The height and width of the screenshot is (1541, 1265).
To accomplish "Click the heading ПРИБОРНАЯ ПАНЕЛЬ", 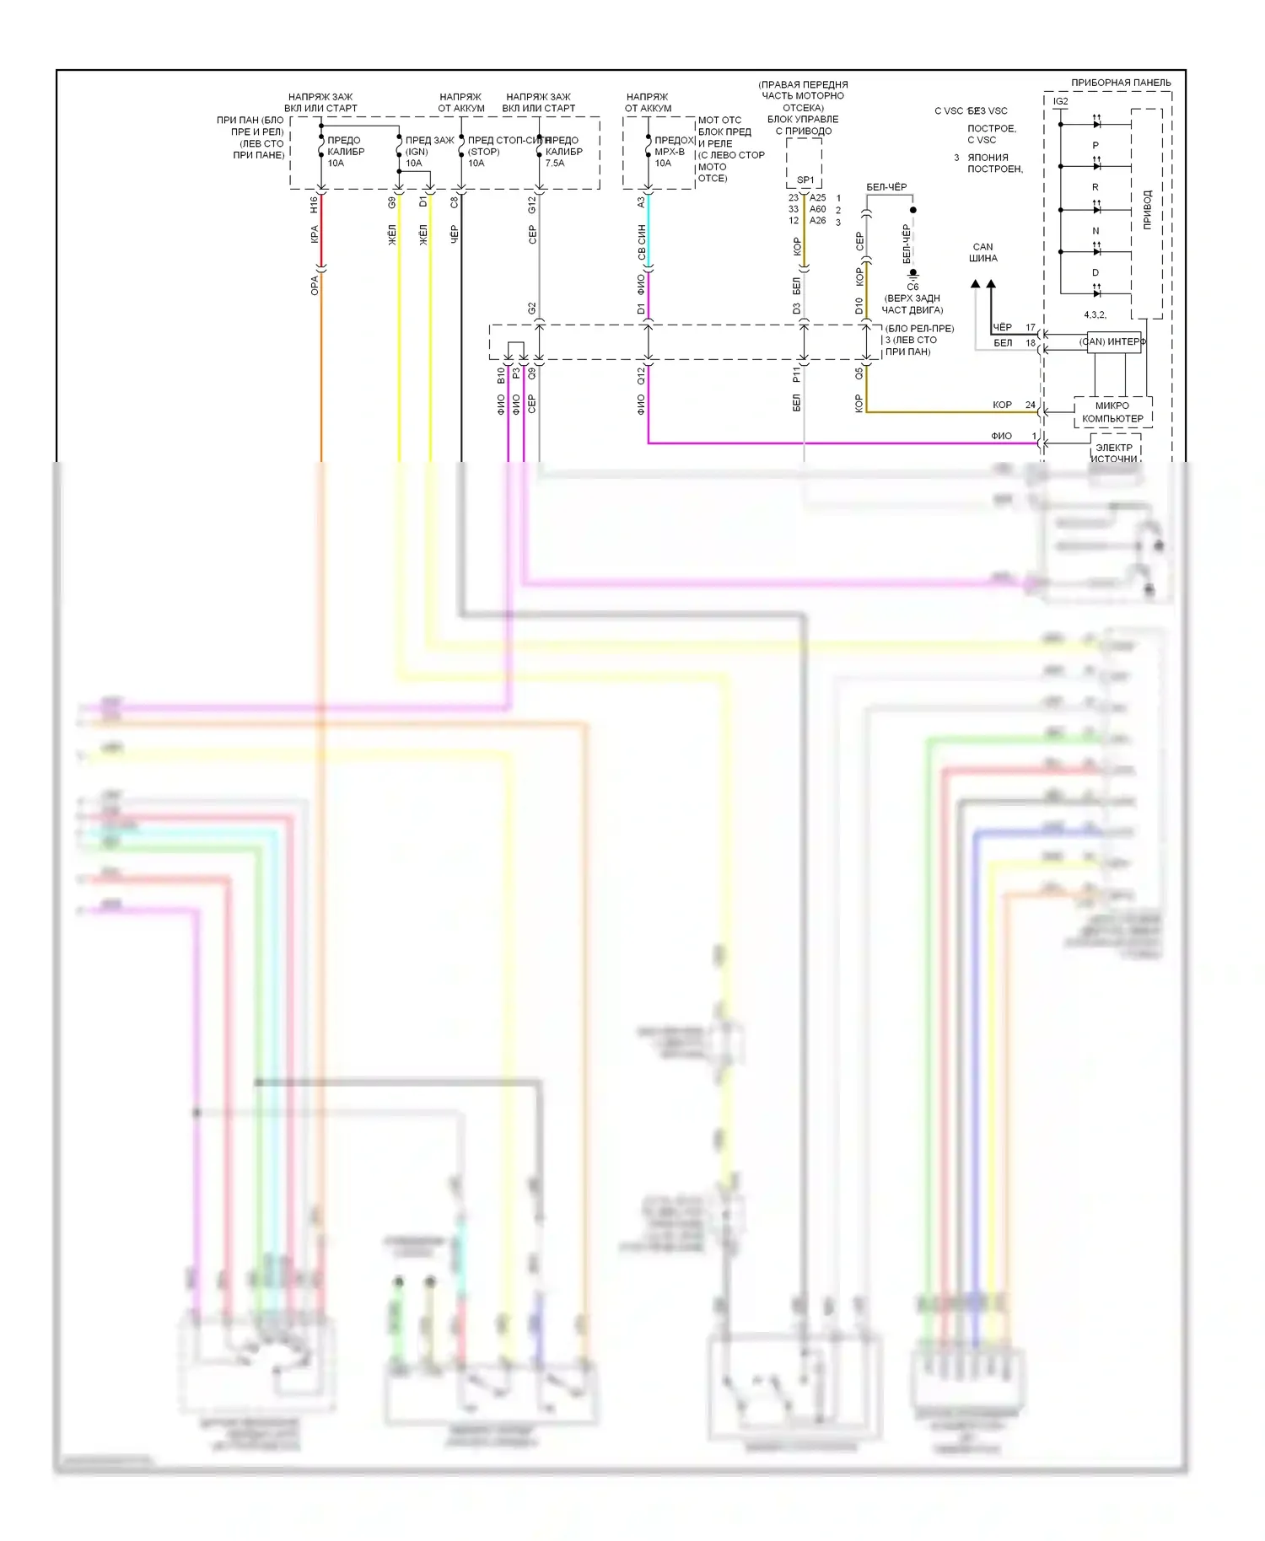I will coord(1120,83).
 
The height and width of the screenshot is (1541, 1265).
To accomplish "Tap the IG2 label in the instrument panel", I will coord(1060,101).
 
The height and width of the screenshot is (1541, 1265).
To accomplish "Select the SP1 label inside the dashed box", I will coord(805,180).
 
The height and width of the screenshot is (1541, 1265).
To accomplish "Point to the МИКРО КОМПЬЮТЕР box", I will coord(1112,412).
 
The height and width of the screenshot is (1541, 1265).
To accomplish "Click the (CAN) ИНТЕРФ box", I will coord(1112,341).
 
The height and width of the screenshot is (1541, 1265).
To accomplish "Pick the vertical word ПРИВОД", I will coord(1147,210).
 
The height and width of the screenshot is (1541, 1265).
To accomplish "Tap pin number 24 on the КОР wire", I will coord(1030,405).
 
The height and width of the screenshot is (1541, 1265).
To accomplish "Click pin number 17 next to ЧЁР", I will coord(1030,327).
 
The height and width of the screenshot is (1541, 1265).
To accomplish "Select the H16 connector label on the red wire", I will coord(314,204).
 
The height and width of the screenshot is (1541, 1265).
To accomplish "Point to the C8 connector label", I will coord(454,202).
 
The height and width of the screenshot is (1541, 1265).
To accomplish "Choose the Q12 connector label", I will coord(641,375).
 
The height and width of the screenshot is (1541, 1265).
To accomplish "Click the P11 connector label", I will coord(796,375).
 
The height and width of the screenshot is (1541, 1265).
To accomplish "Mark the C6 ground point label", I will coord(912,287).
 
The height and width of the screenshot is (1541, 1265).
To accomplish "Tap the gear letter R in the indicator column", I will coord(1095,187).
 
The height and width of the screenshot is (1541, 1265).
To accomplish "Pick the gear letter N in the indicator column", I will coord(1095,231).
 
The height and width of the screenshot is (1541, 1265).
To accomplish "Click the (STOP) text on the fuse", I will coord(483,152).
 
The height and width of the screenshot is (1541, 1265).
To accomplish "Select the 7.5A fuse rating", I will coord(554,164).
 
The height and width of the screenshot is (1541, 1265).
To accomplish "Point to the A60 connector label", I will coord(817,209).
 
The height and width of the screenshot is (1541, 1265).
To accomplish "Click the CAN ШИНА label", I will coord(982,253).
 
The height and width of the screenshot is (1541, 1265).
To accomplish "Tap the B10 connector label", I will coord(501,375).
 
